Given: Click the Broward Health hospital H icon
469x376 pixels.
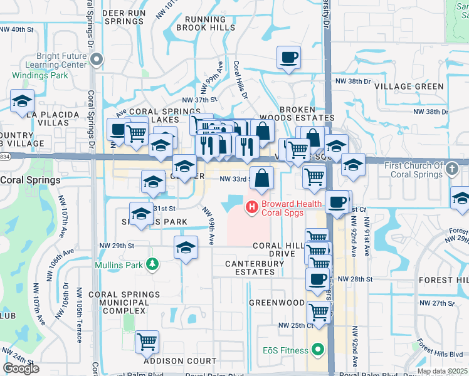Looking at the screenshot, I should pyautogui.click(x=251, y=206).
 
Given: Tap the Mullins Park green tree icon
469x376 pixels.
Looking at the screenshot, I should pyautogui.click(x=150, y=263).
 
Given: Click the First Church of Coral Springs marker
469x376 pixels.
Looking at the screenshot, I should pyautogui.click(x=451, y=168).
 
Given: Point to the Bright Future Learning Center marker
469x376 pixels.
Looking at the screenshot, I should pyautogui.click(x=96, y=60).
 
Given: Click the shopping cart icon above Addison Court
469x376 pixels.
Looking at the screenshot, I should pyautogui.click(x=147, y=342).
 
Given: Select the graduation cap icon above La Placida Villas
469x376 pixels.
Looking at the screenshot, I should pyautogui.click(x=22, y=100).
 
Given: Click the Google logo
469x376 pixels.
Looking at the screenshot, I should pyautogui.click(x=21, y=368).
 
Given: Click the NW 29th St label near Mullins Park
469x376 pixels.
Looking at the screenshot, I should pyautogui.click(x=113, y=246).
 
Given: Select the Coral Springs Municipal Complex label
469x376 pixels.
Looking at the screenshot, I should pyautogui.click(x=119, y=302).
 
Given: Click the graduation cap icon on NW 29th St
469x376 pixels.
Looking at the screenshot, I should pyautogui.click(x=186, y=249).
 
